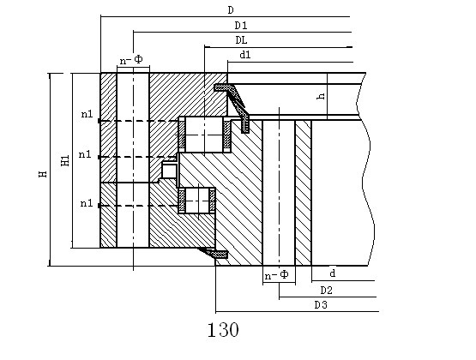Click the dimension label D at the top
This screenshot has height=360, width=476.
231,10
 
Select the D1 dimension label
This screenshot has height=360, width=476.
241,26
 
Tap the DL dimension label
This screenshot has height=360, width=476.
241,40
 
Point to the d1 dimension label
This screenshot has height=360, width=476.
245,55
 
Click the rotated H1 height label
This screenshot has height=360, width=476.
65,160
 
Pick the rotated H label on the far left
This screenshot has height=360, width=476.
43,174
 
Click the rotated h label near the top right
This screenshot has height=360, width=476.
321,96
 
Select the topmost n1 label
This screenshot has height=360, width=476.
87,114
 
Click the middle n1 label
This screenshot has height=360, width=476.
85,154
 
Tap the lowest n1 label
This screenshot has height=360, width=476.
87,203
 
